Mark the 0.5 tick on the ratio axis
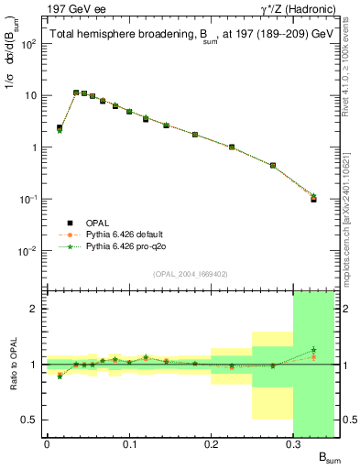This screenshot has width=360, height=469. (29, 420)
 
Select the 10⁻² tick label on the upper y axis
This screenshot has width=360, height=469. (28, 250)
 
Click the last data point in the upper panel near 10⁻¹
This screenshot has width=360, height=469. (313, 198)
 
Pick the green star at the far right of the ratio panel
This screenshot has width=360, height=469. (313, 349)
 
